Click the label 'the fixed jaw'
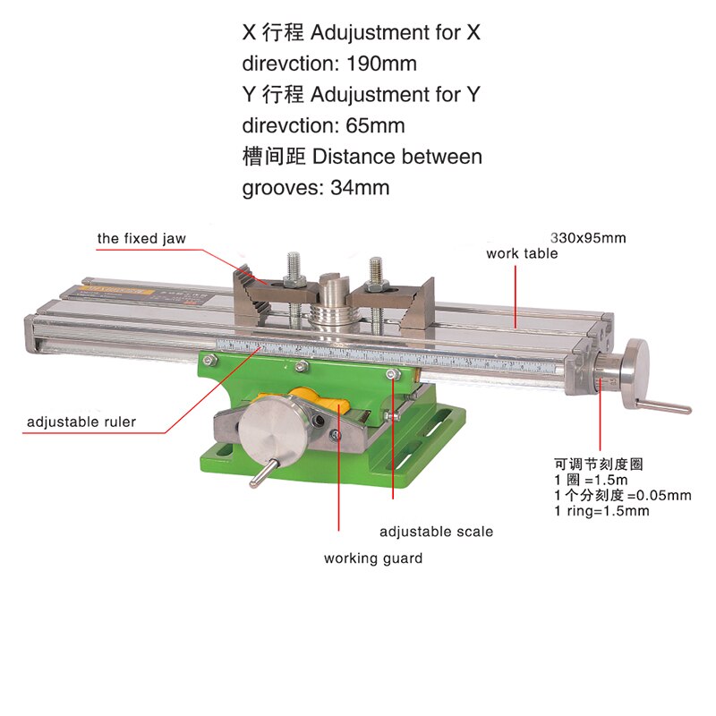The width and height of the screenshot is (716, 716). point(141,239)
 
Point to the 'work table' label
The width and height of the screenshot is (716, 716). point(522,253)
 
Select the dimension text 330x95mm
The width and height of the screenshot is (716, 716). point(588,238)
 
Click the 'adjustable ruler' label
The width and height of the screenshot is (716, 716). point(81,422)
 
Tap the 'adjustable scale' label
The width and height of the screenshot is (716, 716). point(436,532)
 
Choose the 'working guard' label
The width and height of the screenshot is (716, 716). point(373,558)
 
